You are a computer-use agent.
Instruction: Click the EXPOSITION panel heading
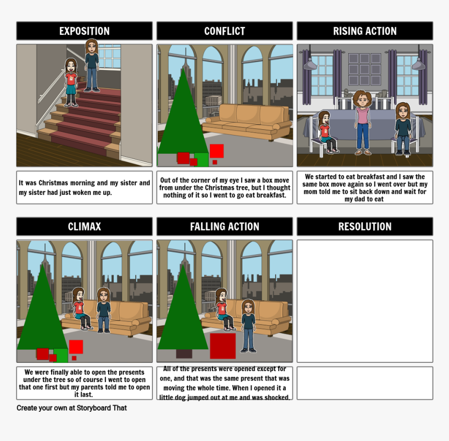(85, 31)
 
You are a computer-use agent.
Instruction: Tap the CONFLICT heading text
(224, 31)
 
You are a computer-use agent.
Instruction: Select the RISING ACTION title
(365, 31)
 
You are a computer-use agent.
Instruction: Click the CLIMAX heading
(85, 227)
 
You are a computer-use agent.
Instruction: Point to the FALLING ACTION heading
(224, 227)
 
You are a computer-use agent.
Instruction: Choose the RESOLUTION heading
(365, 227)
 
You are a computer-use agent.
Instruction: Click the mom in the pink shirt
(362, 123)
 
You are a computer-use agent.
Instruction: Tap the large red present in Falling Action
(223, 346)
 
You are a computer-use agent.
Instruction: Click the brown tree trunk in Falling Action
(184, 354)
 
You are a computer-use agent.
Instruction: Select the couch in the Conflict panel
(247, 122)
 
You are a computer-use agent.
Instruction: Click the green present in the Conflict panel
(202, 160)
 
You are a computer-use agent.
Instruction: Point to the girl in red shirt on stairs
(70, 82)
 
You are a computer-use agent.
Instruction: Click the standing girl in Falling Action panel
(249, 326)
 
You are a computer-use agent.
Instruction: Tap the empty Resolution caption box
(365, 383)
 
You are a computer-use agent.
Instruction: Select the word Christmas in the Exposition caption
(54, 183)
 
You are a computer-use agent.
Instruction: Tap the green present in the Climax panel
(61, 355)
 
